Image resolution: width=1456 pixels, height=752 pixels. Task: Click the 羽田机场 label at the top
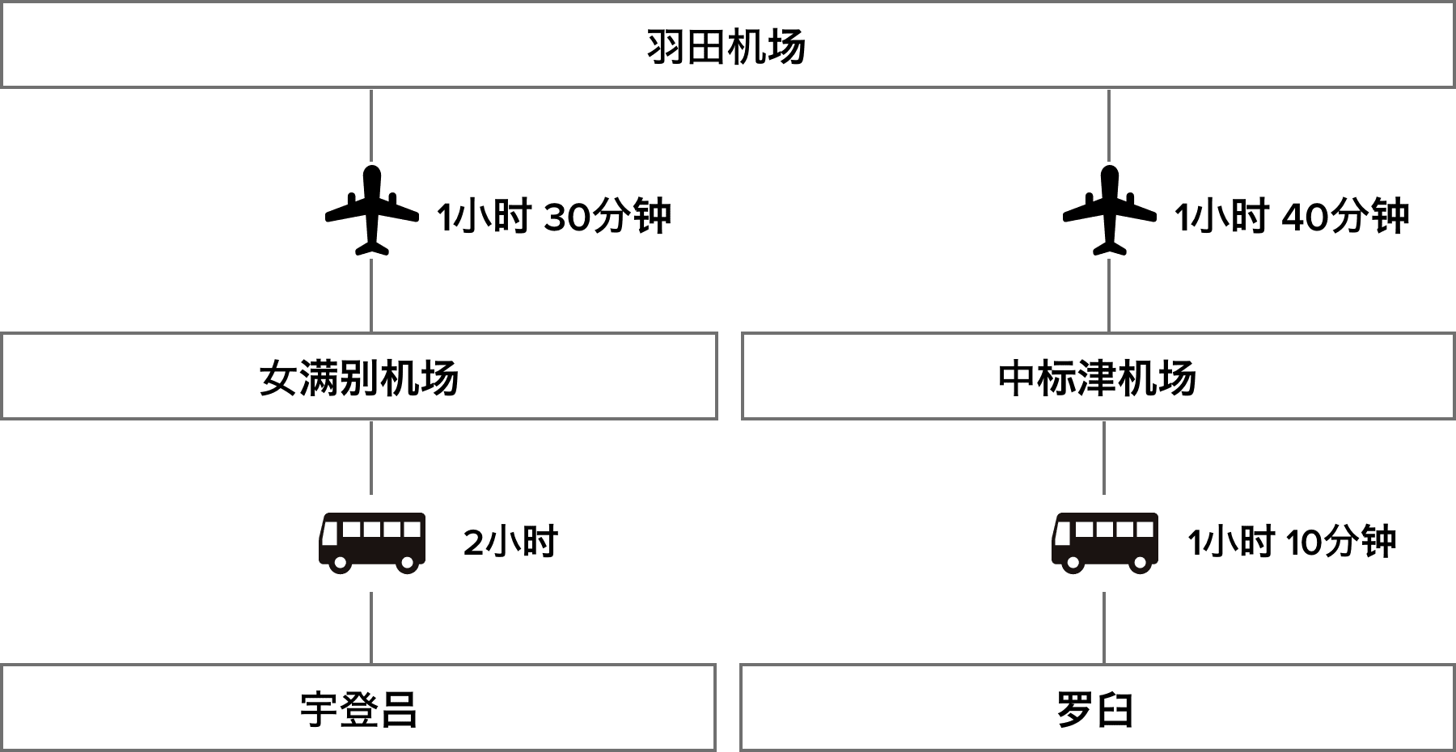[726, 47]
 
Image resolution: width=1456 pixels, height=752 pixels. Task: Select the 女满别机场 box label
[358, 378]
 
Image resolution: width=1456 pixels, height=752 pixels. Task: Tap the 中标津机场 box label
[1097, 378]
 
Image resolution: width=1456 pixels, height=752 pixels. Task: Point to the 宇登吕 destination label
[358, 710]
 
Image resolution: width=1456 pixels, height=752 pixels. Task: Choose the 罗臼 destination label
[1094, 710]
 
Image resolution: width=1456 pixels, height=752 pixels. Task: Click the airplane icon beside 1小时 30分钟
[372, 210]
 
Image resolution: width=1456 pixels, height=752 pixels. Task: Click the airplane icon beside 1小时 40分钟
[1110, 210]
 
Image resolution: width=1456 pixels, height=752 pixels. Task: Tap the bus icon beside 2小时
[372, 543]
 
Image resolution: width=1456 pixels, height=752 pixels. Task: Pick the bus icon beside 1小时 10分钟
[1105, 543]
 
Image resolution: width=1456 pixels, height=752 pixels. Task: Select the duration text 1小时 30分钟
[554, 217]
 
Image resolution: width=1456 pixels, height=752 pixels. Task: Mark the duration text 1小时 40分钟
[1292, 217]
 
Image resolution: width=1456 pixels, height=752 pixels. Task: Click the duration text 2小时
[510, 543]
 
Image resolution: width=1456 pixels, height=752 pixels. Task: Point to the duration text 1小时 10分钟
[1292, 543]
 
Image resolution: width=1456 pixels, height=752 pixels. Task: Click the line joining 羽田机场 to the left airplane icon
[371, 125]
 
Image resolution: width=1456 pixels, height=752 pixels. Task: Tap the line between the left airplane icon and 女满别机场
[371, 295]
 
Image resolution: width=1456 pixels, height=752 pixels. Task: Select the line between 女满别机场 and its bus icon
[371, 457]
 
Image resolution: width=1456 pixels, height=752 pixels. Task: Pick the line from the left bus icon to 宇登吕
[371, 627]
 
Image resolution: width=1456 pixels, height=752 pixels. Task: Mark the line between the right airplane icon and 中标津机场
[1109, 295]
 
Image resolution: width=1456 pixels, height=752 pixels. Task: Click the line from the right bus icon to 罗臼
[1105, 627]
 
